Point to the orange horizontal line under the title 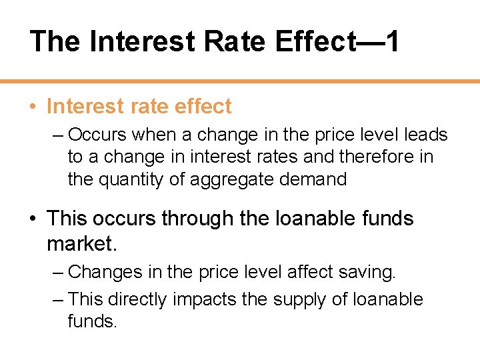(x=240, y=81)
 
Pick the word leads (x=426, y=135)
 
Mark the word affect (x=307, y=272)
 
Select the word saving (x=368, y=272)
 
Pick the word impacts (x=205, y=299)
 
